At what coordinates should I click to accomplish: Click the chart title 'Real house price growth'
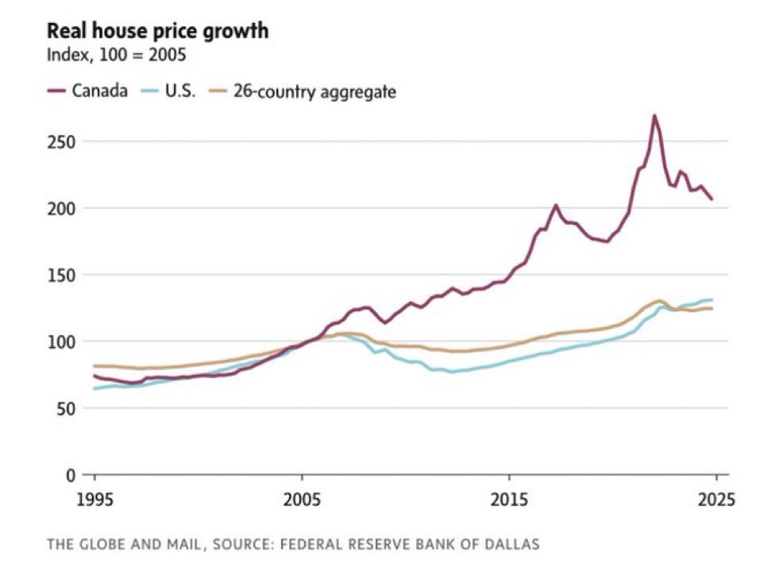tap(157, 31)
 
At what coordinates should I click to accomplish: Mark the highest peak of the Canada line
tap(654, 116)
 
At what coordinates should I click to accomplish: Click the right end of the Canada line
tap(712, 199)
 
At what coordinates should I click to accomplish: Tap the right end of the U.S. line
tap(712, 300)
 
